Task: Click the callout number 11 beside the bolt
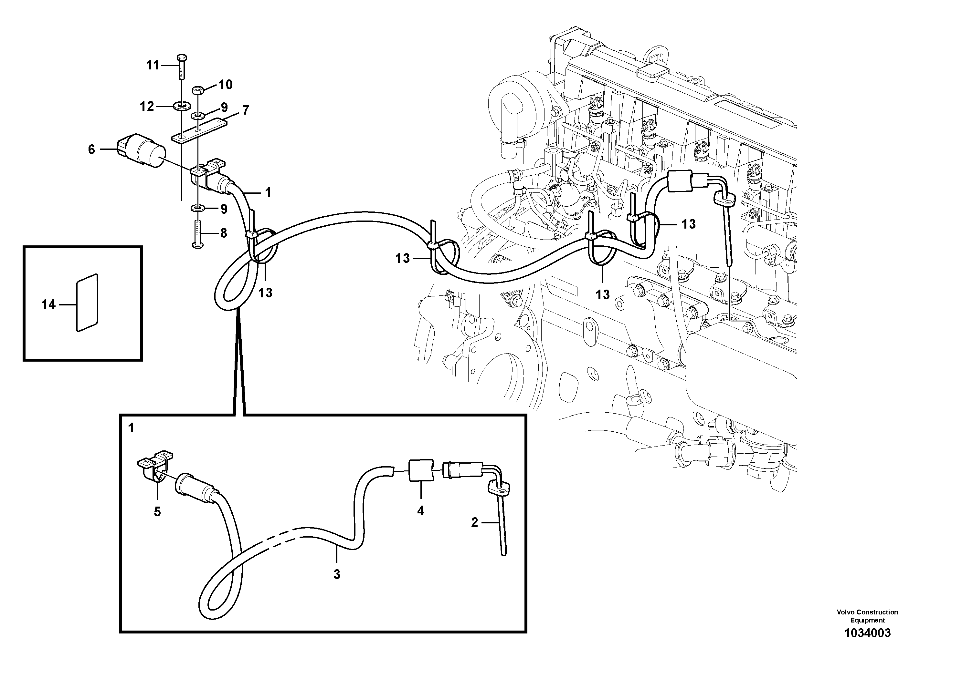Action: [x=153, y=65]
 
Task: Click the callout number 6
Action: [x=91, y=149]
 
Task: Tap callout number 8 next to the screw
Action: [x=223, y=233]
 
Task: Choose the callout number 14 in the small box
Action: [x=48, y=305]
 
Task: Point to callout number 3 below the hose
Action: [x=337, y=575]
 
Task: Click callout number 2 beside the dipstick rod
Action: [x=474, y=522]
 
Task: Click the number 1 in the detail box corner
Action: [x=131, y=428]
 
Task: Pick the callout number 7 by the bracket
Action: [x=246, y=110]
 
